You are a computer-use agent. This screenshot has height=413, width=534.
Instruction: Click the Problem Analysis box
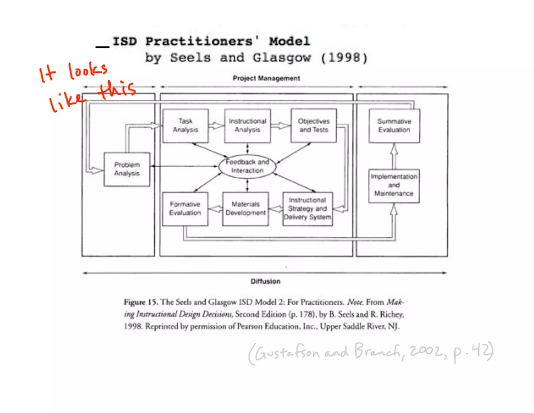click(127, 169)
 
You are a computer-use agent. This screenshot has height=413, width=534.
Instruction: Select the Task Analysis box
click(185, 126)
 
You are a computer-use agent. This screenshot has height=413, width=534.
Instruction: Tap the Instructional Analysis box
click(247, 126)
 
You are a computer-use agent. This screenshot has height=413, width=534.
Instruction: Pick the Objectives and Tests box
click(314, 126)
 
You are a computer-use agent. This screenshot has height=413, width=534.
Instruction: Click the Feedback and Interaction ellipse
click(247, 166)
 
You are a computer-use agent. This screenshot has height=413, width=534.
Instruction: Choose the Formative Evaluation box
click(185, 209)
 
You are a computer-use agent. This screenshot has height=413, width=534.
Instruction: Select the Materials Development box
click(245, 209)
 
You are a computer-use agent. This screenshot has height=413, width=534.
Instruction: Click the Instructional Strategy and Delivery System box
click(308, 209)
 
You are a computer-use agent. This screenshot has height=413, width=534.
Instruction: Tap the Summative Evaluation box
click(394, 126)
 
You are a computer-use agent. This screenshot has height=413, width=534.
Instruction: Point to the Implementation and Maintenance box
click(394, 186)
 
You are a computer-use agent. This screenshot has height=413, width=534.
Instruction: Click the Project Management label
click(266, 78)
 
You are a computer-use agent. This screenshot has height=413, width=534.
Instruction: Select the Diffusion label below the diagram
click(265, 281)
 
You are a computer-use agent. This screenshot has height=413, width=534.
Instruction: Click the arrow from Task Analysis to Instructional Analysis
click(216, 126)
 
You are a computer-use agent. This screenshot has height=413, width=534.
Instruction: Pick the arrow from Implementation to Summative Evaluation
click(394, 156)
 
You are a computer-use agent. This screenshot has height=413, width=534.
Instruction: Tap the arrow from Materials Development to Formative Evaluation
click(215, 209)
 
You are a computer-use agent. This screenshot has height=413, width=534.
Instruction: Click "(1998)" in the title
click(344, 58)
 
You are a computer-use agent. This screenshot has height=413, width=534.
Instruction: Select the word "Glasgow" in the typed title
click(282, 58)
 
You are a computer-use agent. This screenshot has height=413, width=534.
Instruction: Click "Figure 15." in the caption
click(141, 302)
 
